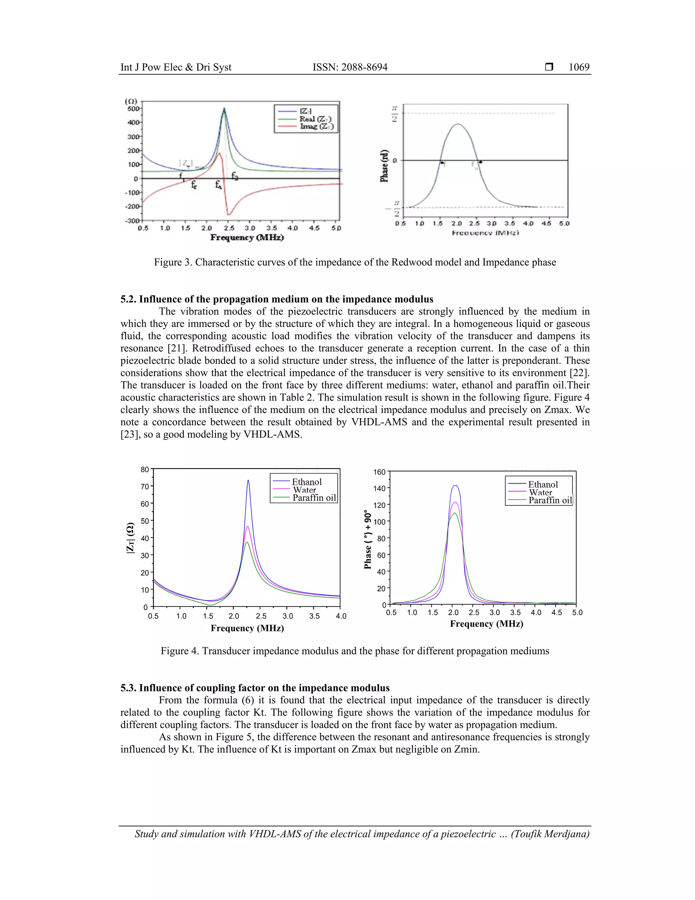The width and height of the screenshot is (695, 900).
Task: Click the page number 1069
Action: [579, 67]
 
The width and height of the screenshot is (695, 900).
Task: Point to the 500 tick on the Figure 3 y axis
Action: [133, 108]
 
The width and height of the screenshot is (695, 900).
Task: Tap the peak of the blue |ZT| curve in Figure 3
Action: [224, 108]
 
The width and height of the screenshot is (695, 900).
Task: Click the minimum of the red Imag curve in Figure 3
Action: [229, 215]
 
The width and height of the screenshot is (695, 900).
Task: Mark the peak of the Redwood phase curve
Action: [457, 124]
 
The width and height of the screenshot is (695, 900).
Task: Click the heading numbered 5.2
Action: [277, 299]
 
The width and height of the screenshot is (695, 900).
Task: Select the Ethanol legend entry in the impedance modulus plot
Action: [306, 482]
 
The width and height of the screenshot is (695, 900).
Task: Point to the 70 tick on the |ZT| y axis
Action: [145, 486]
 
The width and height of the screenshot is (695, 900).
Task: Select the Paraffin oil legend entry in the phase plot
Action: [550, 500]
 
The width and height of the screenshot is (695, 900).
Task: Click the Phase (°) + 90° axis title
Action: [368, 540]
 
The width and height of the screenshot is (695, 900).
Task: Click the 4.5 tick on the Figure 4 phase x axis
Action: [556, 613]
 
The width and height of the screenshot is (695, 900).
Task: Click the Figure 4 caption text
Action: [355, 651]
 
